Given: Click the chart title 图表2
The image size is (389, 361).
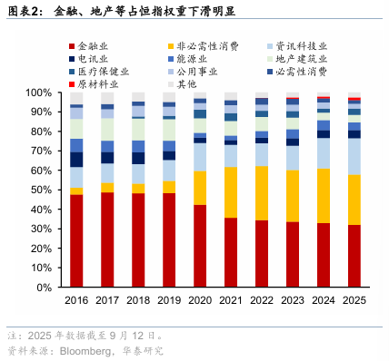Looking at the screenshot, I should (25, 12).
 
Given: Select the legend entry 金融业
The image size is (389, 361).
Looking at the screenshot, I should (94, 45).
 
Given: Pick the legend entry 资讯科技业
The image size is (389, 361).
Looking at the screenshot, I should (305, 45).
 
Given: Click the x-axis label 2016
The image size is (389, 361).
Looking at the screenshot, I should (77, 300).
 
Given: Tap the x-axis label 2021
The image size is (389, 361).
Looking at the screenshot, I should (231, 300).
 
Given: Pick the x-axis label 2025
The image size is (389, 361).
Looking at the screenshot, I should (354, 300).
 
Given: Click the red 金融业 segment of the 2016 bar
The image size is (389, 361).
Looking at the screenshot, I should (77, 241).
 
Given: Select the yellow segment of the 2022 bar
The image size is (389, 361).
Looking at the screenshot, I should (262, 193).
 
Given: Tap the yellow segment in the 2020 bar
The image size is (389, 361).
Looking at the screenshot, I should (200, 188).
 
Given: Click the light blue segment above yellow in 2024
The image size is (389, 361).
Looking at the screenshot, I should (323, 153).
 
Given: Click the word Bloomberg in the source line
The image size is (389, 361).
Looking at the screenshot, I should (85, 350).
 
